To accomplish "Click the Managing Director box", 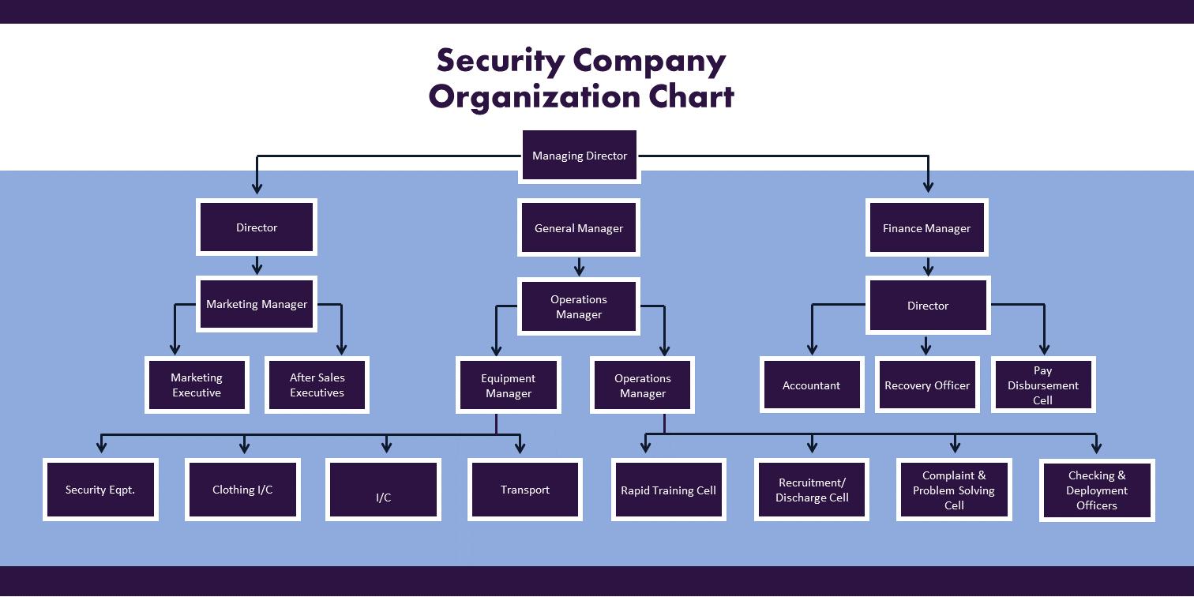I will point(580,156).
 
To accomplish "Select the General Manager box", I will point(579,228).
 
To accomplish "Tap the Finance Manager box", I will point(927,228).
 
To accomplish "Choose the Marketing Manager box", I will point(257,304).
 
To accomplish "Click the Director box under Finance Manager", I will point(928,306).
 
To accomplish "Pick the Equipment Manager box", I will point(509,385).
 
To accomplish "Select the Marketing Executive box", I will point(197,385).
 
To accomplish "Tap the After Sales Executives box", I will point(317,385).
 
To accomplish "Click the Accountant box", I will point(812,385).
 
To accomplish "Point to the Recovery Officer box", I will point(927,385).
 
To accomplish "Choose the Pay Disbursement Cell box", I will point(1043,385).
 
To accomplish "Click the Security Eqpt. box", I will point(100,490).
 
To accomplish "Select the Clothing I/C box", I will point(242,490).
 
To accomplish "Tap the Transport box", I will point(525,490).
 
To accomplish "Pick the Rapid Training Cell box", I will point(669,490).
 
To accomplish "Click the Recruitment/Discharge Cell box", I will point(812,490).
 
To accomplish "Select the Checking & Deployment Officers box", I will point(1097,490).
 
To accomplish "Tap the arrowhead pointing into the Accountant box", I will point(812,349).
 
